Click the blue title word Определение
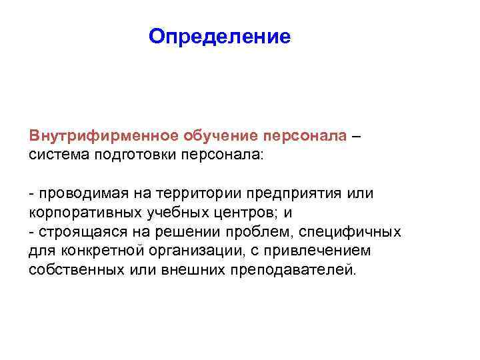220,36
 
